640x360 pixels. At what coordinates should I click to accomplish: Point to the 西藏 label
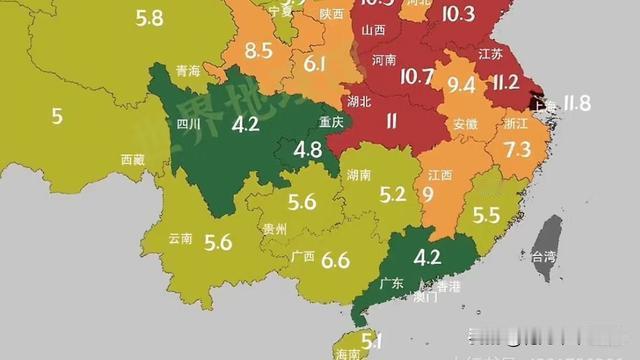tap(133, 159)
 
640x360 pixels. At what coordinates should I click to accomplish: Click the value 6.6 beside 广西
tap(335, 261)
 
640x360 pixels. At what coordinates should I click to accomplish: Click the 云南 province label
tap(181, 238)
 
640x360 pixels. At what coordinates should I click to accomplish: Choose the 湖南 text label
tap(359, 175)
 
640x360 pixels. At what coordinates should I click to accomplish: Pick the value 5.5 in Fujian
tap(485, 215)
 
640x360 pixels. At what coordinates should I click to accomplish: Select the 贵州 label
tap(275, 229)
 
